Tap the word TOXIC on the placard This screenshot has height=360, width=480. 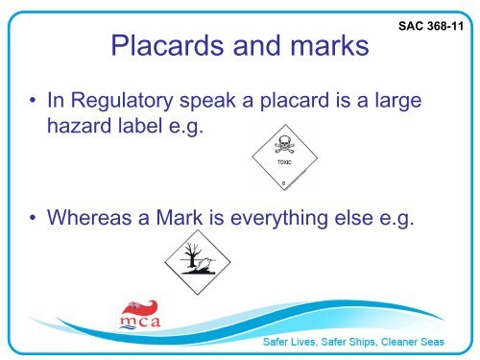coord(286,164)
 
